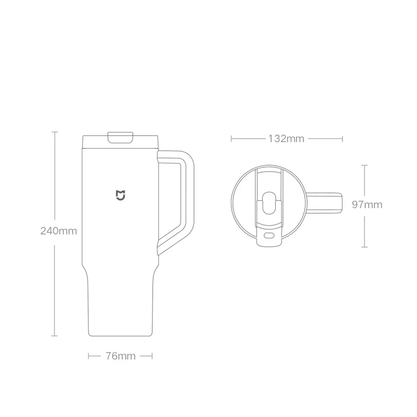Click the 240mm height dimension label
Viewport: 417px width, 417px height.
(58, 231)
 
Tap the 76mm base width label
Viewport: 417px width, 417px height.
(120, 356)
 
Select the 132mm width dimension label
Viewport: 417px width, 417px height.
(286, 139)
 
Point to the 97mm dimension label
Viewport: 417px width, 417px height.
(367, 204)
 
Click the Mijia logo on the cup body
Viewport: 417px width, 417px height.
(120, 195)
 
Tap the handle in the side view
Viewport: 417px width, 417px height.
(188, 186)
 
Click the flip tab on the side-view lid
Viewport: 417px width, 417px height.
(120, 137)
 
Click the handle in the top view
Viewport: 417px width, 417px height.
(324, 203)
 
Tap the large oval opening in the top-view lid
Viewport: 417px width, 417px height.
(268, 203)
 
